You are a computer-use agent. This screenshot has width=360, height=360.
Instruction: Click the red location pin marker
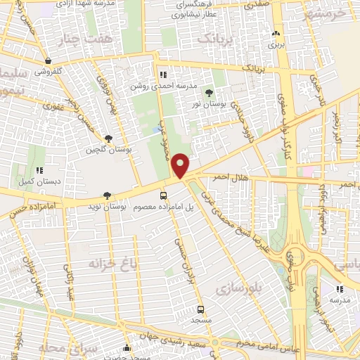click(181, 166)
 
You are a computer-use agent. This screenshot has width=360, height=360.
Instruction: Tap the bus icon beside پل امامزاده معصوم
click(164, 196)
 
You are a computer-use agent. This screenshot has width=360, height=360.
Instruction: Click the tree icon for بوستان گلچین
click(108, 139)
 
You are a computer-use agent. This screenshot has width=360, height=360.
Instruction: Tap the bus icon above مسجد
click(201, 309)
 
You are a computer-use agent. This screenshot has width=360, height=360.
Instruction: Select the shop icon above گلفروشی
click(48, 61)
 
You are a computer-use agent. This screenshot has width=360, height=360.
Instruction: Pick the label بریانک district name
click(213, 38)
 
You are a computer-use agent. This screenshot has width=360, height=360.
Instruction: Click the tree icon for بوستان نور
click(208, 93)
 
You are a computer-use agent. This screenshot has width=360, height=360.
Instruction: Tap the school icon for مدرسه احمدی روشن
click(163, 75)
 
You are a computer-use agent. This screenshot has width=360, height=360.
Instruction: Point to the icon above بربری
click(276, 33)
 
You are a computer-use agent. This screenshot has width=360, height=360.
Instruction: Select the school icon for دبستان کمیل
click(39, 169)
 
